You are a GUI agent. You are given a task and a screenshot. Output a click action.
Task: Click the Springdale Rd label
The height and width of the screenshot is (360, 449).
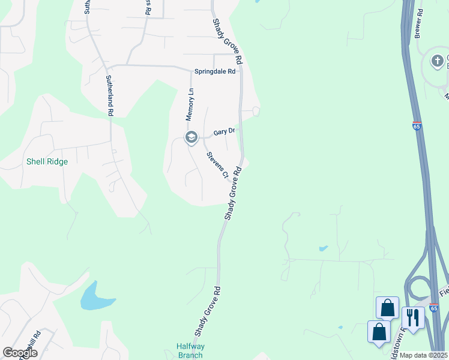(x=216, y=71)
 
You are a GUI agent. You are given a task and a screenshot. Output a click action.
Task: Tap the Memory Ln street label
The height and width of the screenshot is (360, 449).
(x=191, y=104)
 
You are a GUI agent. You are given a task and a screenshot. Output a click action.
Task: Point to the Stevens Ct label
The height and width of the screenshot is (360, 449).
(x=217, y=165)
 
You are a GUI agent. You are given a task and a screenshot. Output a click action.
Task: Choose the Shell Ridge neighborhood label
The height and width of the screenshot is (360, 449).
(x=47, y=161)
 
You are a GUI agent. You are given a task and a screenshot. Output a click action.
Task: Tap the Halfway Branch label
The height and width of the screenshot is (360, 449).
(x=190, y=350)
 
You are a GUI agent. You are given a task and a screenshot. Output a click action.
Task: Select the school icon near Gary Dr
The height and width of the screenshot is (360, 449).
(x=191, y=138)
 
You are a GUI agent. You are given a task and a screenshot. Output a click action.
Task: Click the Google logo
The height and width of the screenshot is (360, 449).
(x=20, y=353)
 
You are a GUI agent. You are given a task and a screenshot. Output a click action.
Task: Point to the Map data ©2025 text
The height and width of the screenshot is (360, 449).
(x=423, y=355)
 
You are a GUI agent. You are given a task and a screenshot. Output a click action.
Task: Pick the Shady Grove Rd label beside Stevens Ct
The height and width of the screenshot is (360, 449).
(x=233, y=193)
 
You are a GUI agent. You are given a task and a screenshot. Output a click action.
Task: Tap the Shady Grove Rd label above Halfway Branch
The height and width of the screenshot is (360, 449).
(x=208, y=310)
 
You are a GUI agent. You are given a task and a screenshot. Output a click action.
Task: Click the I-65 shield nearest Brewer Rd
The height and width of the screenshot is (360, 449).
(x=417, y=126)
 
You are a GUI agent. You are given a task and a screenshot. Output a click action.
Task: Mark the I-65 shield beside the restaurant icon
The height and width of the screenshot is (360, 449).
(x=433, y=307)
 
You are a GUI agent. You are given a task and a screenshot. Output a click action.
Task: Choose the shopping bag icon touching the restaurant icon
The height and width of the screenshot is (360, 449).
(x=387, y=307)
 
